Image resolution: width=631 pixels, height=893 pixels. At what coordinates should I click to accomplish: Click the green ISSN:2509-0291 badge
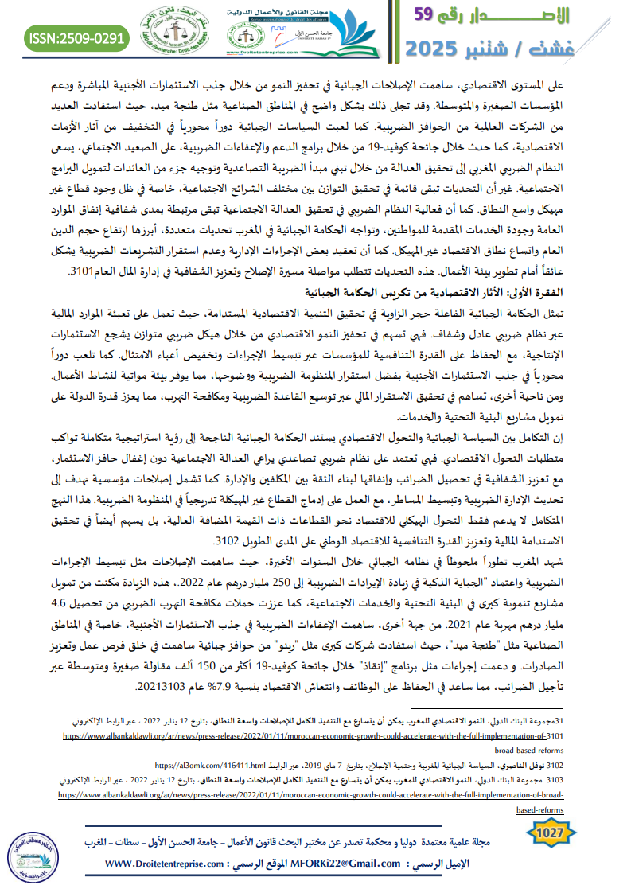tap(76, 37)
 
